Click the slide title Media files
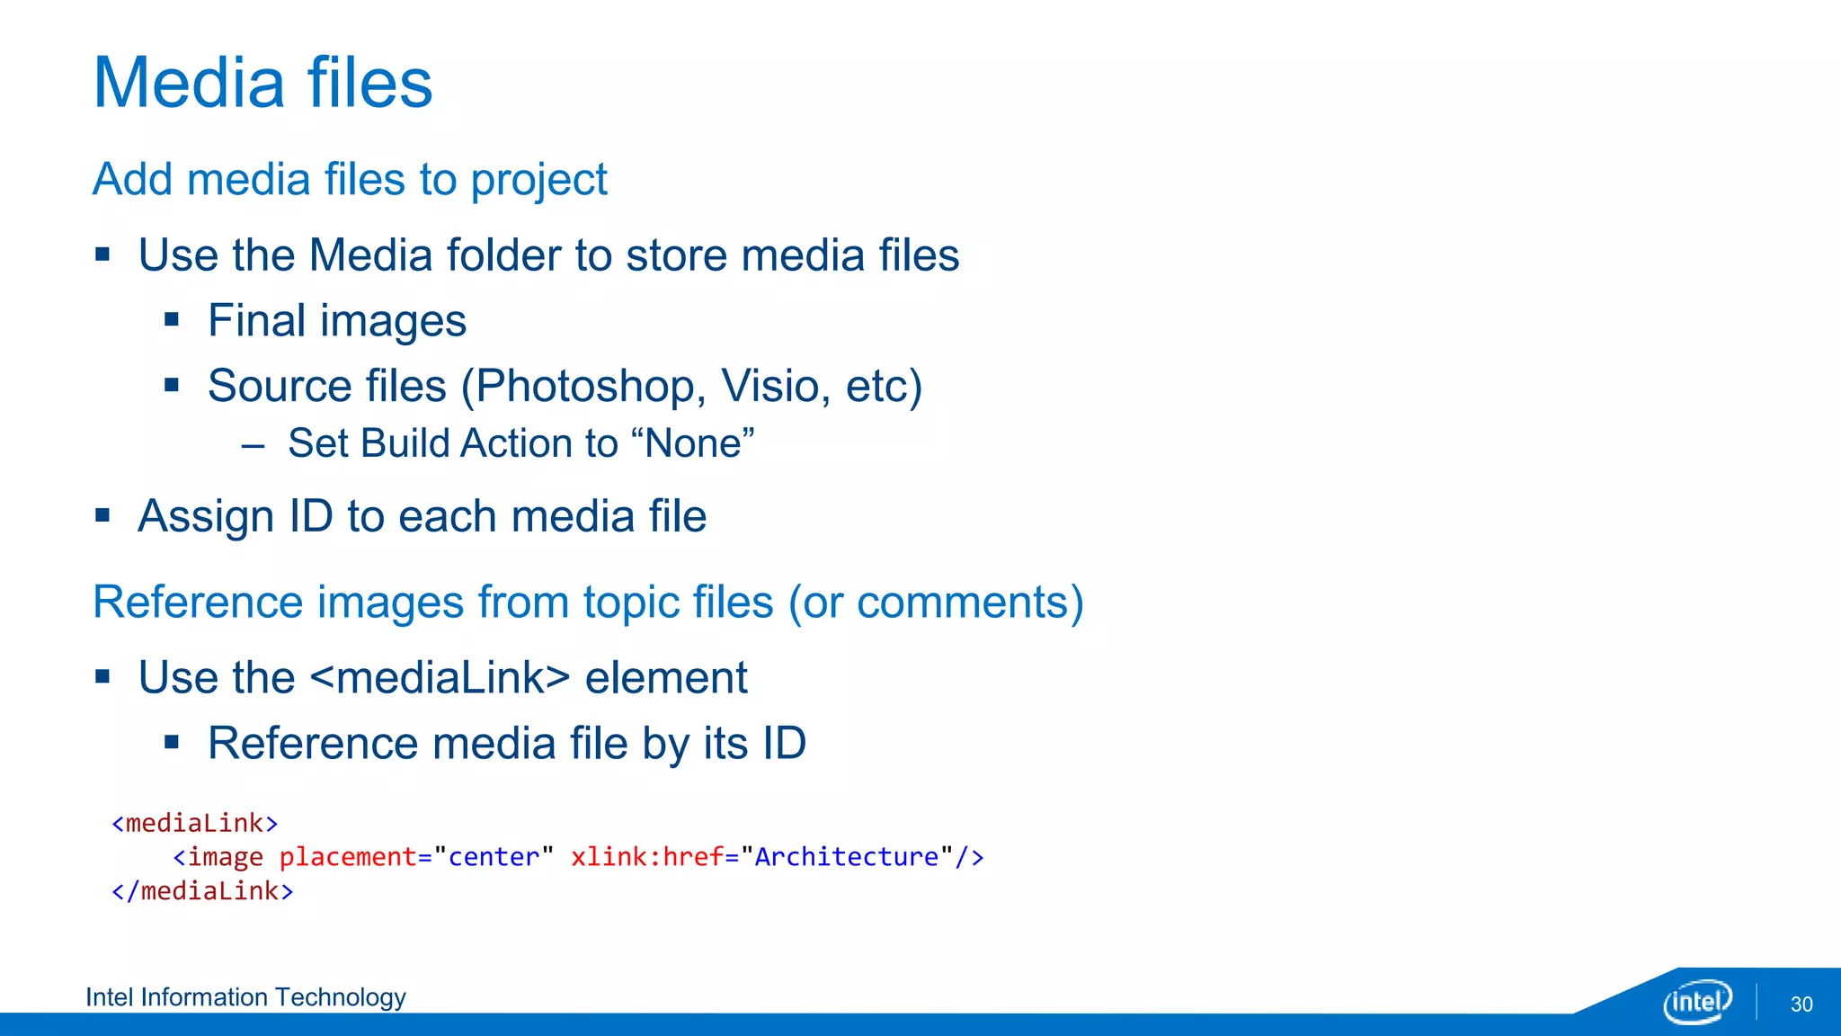click(262, 83)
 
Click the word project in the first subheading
click(538, 180)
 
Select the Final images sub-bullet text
click(336, 321)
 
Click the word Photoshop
click(584, 387)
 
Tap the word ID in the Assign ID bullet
click(311, 517)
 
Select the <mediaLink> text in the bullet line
click(440, 678)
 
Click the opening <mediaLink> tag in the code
click(194, 823)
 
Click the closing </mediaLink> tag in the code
click(202, 891)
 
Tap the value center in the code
click(494, 857)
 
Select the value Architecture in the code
click(846, 857)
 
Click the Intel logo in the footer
click(1696, 1002)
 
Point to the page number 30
click(1801, 1005)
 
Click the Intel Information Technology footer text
click(245, 997)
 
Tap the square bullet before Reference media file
click(173, 743)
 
